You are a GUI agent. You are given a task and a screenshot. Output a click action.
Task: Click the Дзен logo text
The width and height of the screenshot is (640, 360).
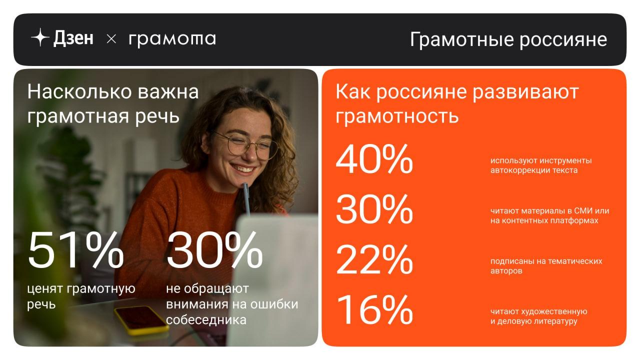tap(73, 38)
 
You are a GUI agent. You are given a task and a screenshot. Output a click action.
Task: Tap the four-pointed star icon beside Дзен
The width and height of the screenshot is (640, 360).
tap(40, 37)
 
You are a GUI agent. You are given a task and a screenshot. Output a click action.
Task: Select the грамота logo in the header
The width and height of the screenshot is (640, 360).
tap(172, 39)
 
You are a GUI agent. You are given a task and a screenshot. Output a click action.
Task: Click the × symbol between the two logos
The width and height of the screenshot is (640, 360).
tap(111, 39)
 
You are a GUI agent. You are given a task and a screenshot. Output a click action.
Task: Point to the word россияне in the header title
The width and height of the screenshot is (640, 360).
tap(563, 39)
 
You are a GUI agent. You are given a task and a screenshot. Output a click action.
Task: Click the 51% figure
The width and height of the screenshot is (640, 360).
tap(75, 249)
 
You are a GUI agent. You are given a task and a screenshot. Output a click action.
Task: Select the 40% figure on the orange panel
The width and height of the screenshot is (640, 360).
tap(374, 159)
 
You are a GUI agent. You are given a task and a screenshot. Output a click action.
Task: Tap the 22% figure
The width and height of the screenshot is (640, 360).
tap(374, 259)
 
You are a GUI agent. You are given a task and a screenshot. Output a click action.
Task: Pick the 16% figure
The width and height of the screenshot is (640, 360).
tap(375, 309)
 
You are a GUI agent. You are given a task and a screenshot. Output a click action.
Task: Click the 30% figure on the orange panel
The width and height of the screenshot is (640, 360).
tap(374, 209)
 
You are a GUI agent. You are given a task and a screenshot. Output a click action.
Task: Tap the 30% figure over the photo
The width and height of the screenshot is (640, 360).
tap(214, 249)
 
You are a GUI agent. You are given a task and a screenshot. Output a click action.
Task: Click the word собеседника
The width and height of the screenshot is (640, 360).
tap(206, 320)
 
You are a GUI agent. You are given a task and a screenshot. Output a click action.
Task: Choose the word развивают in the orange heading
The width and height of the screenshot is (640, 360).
tap(525, 92)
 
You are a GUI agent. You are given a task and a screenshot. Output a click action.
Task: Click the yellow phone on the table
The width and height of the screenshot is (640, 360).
tap(141, 319)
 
